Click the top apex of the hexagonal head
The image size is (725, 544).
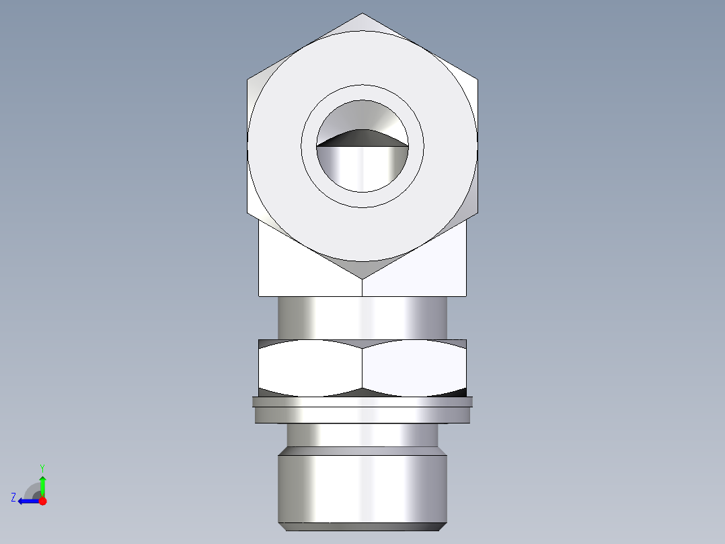click(362, 14)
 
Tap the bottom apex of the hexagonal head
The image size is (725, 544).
click(362, 277)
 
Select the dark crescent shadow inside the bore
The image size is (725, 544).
click(362, 137)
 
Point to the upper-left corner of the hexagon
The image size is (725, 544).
click(247, 79)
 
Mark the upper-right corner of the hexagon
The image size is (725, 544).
click(478, 79)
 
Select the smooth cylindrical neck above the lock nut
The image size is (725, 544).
click(362, 318)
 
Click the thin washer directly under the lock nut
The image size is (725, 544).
click(362, 402)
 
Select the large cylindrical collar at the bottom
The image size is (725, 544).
click(362, 487)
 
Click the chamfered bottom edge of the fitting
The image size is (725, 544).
click(362, 526)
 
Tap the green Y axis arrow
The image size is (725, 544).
click(42, 483)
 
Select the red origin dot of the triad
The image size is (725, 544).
click(42, 501)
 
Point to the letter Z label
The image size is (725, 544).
click(13, 498)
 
